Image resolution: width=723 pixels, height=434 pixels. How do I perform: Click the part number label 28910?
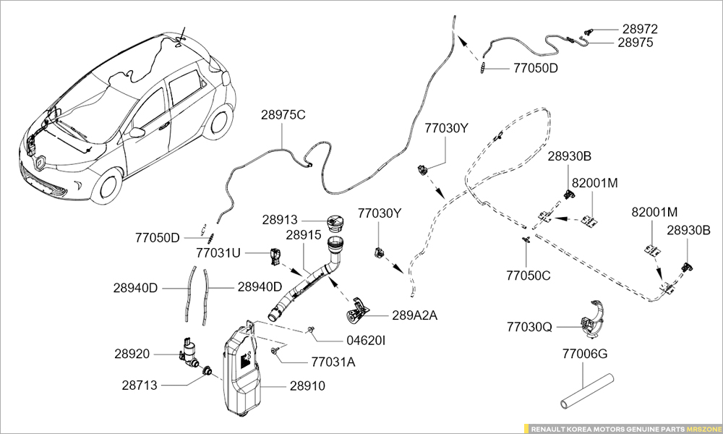point(304,386)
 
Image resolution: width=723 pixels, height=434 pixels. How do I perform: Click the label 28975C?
point(283,115)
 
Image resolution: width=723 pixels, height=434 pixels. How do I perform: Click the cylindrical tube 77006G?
point(585,390)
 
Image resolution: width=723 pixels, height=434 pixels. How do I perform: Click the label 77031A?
point(333,362)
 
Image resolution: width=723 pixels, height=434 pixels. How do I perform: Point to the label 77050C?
point(529,276)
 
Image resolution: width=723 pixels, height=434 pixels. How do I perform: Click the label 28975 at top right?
point(636,43)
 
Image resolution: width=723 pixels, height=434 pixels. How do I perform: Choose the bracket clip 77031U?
point(275,255)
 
